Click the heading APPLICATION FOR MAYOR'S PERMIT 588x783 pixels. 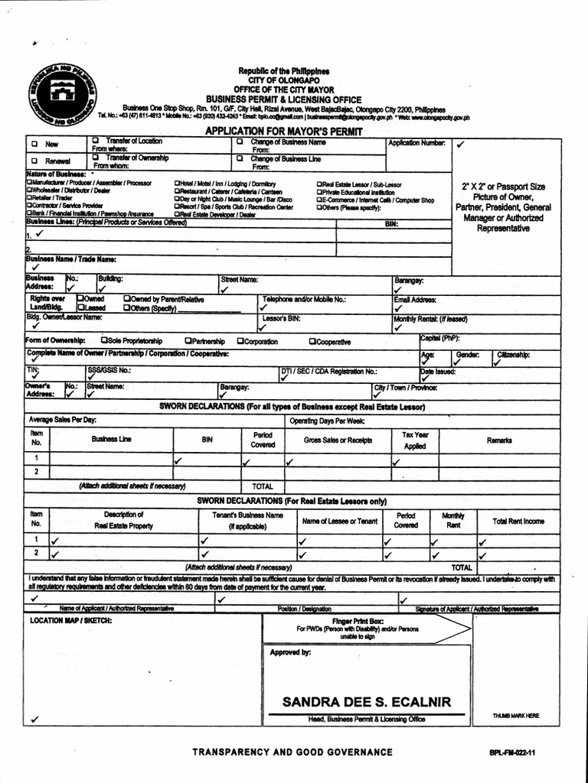(283, 132)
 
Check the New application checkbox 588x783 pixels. (34, 144)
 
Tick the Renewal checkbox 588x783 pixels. (34, 161)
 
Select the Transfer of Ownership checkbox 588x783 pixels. (96, 158)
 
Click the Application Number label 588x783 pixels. (416, 143)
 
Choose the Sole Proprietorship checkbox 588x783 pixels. (104, 341)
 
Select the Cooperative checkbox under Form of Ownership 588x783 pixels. (312, 341)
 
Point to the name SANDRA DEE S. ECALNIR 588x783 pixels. (366, 702)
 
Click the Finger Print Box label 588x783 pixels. (358, 621)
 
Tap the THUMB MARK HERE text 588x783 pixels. (516, 716)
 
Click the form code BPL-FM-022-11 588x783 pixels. (512, 753)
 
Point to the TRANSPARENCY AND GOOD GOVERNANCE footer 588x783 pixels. (292, 752)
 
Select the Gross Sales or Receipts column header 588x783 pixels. (338, 440)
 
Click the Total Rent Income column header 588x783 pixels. (518, 521)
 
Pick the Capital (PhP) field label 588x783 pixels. (440, 337)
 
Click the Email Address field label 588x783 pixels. (415, 300)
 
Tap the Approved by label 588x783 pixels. (290, 652)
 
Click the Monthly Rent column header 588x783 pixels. (453, 521)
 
